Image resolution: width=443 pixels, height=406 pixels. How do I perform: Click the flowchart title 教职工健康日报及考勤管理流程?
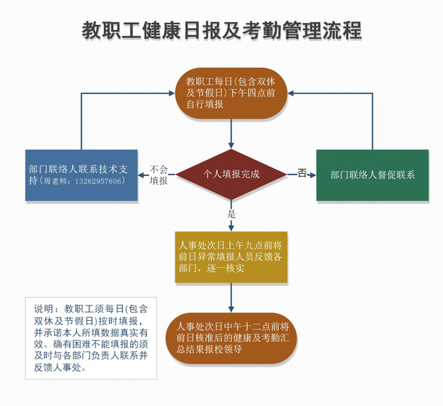pos(221,31)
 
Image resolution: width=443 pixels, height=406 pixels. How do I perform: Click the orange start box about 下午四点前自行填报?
pos(231,93)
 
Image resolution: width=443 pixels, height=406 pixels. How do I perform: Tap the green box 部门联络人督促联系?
pos(372,175)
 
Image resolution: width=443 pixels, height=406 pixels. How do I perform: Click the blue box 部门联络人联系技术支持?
pos(82,175)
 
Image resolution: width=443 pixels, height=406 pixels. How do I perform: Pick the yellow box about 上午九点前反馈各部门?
pos(231,257)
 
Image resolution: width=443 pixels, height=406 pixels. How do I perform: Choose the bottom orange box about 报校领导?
pos(231,338)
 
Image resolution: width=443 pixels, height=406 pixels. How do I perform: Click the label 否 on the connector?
pos(302,173)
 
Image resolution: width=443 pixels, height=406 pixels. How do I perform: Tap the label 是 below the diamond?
pos(232,213)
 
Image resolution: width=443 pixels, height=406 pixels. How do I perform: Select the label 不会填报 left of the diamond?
pos(159,175)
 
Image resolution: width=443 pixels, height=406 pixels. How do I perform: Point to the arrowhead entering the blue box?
pos(143,175)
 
